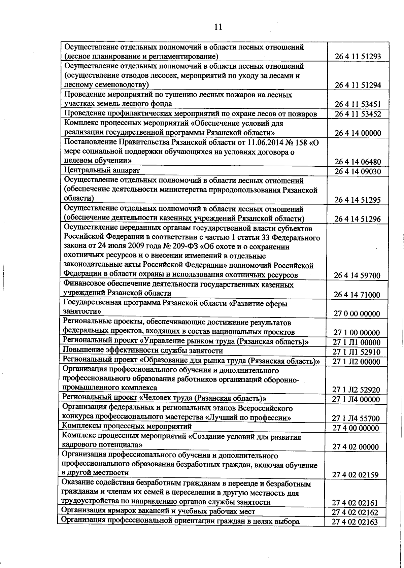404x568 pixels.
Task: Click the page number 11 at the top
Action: pos(218,27)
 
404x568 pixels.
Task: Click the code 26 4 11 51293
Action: pos(358,57)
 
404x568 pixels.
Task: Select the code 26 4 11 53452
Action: pos(358,114)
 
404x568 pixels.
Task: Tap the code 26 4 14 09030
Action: pos(358,172)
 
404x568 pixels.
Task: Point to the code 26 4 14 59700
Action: pos(357,276)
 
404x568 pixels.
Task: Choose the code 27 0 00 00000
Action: pos(357,314)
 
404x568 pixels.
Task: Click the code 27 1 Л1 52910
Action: pos(356,352)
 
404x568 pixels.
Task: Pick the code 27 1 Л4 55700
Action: pos(356,419)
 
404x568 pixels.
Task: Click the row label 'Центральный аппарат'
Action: pos(102,170)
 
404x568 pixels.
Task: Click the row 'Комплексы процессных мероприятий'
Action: pos(127,427)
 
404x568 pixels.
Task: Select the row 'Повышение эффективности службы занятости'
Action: pos(143,351)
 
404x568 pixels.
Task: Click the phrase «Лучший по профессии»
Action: pos(248,418)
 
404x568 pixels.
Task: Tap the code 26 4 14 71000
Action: pos(357,295)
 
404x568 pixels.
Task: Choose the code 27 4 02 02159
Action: pos(355,475)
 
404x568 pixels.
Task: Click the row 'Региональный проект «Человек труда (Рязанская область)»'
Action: pos(165,398)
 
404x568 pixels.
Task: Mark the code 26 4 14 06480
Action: pos(358,162)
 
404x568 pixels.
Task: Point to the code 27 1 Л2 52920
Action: pos(356,390)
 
